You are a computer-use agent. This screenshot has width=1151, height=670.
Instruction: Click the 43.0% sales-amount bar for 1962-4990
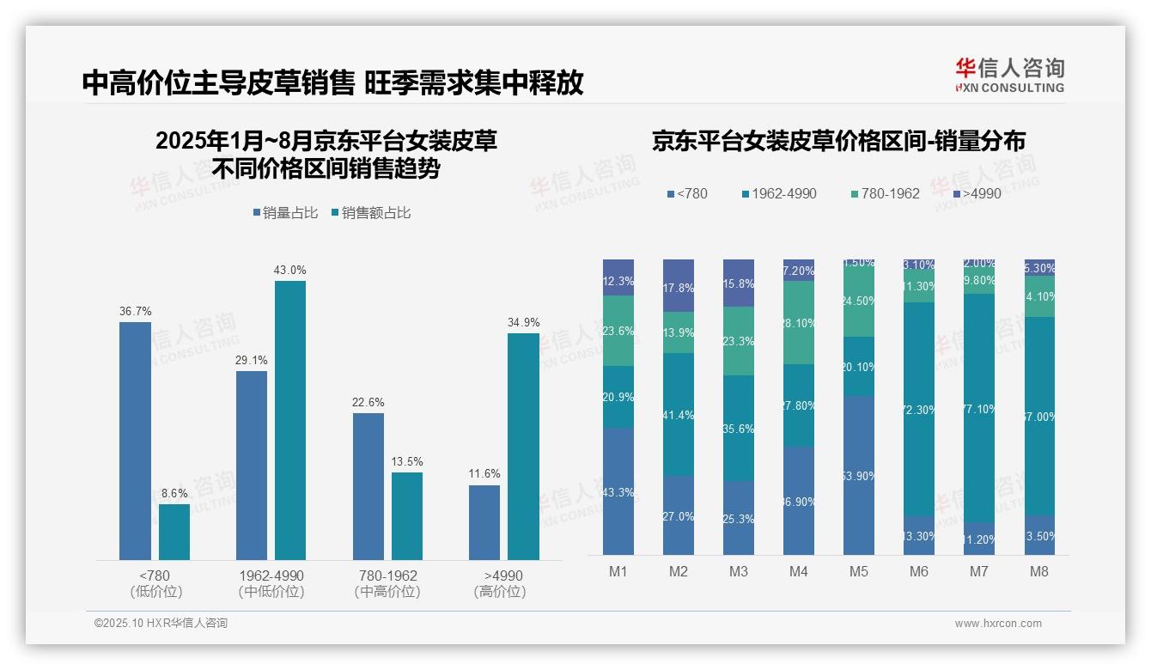(290, 420)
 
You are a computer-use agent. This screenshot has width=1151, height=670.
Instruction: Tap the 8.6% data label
(174, 494)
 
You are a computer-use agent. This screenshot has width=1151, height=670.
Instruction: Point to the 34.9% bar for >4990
(523, 447)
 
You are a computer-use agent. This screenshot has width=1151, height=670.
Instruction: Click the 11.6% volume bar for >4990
(484, 522)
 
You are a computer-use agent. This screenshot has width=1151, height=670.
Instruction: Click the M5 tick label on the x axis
(859, 572)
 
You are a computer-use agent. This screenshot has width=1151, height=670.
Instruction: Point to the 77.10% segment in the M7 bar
(978, 408)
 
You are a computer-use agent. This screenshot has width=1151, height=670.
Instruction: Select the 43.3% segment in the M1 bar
(618, 491)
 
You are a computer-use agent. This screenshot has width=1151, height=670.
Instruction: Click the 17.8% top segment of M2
(678, 285)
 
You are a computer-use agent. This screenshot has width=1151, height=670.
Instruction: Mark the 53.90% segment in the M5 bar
(859, 475)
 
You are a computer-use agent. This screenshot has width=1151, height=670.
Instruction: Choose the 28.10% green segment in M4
(799, 322)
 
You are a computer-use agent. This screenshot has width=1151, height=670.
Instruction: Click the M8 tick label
(1038, 572)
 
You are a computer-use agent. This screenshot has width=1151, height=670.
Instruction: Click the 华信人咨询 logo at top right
(1009, 75)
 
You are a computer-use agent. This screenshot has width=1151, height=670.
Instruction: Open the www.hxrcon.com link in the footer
(997, 624)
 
